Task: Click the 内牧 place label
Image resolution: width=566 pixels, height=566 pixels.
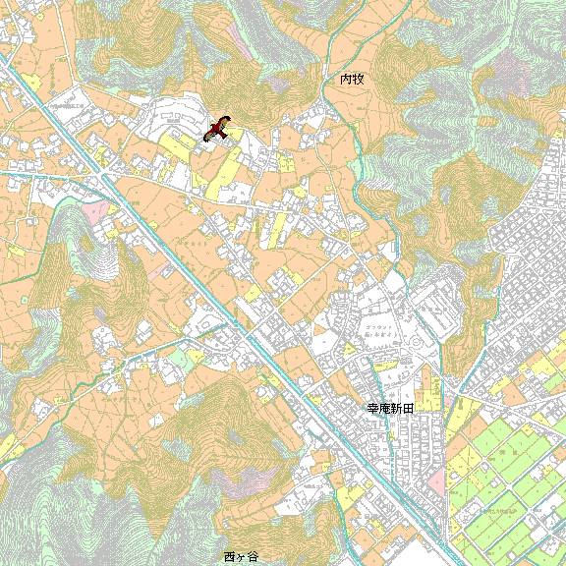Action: pos(352,78)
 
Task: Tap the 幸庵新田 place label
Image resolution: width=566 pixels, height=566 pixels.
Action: pos(391,407)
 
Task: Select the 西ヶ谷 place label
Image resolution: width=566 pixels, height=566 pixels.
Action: pos(241,557)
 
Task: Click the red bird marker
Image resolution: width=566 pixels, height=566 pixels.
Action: pos(219,128)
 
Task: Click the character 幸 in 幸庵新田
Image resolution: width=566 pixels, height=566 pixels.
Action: pos(373,407)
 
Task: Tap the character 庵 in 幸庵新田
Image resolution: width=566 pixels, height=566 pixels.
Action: pos(385,407)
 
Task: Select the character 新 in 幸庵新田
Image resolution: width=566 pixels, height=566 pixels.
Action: pos(397,407)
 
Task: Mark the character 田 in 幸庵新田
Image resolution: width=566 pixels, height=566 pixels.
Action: pos(409,407)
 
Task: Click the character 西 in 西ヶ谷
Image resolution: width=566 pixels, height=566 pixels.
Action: pos(230,557)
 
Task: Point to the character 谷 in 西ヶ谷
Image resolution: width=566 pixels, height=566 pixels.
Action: pos(253,557)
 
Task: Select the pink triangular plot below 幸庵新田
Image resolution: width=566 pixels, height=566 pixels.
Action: pos(436,481)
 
